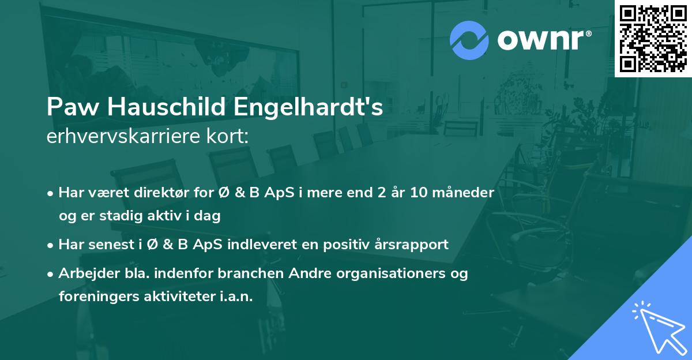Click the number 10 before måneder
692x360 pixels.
[434, 193]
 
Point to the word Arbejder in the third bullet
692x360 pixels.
[84, 273]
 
